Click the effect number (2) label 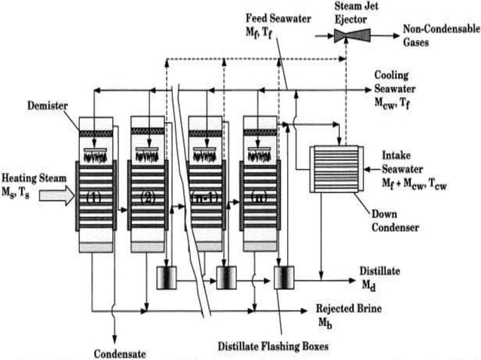tap(147, 199)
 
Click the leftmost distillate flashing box tap(166, 278)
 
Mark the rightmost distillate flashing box tap(283, 278)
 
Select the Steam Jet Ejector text tap(351, 11)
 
